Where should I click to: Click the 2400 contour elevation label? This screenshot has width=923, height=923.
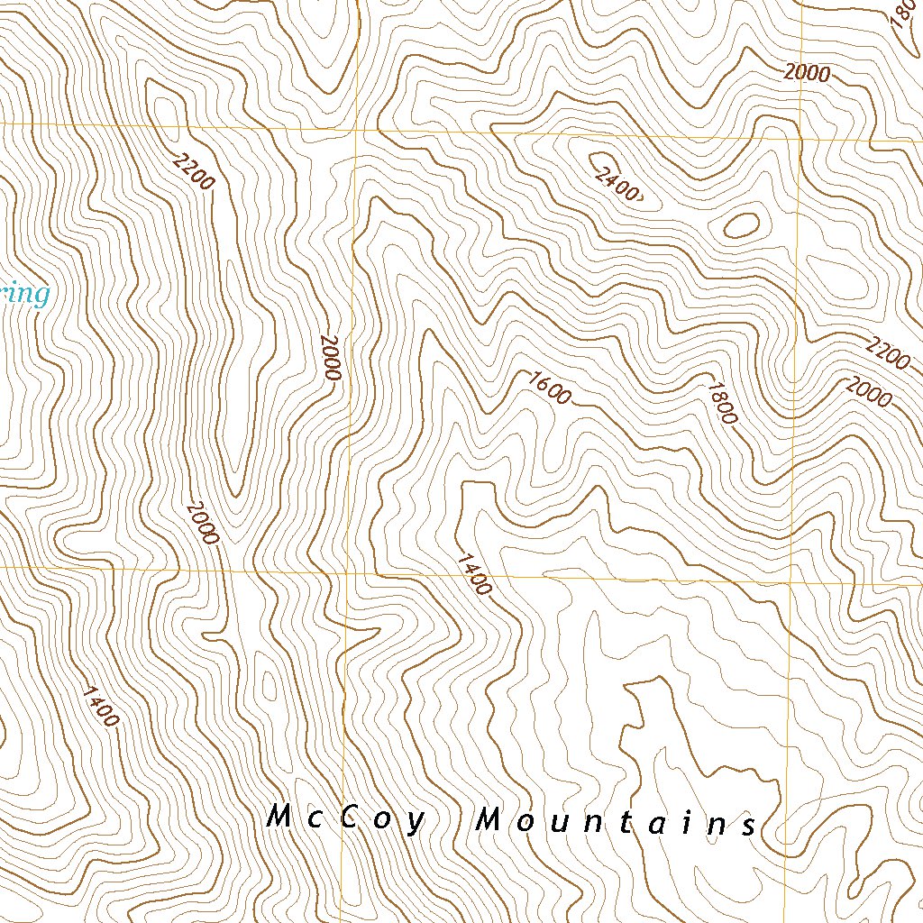point(617,184)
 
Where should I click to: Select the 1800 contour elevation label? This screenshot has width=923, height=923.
point(723,403)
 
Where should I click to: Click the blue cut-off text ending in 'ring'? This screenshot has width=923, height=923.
point(23,295)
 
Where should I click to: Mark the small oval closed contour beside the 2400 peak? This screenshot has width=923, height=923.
point(740,225)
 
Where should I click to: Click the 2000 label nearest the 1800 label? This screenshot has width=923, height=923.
point(868,392)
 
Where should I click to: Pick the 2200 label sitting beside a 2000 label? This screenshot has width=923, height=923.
point(887,352)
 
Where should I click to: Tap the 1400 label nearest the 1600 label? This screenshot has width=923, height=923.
point(474,574)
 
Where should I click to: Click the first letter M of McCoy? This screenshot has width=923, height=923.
point(280,818)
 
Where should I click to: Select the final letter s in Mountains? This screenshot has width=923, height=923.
point(749,826)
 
